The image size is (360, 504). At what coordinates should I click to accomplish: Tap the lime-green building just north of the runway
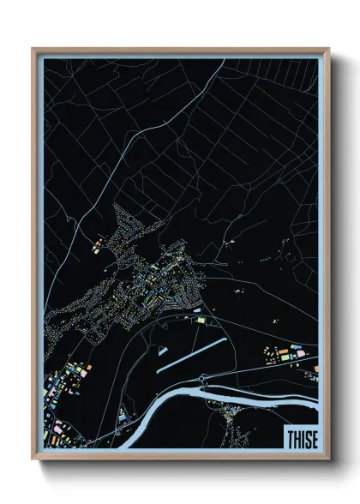coord(202,320)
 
